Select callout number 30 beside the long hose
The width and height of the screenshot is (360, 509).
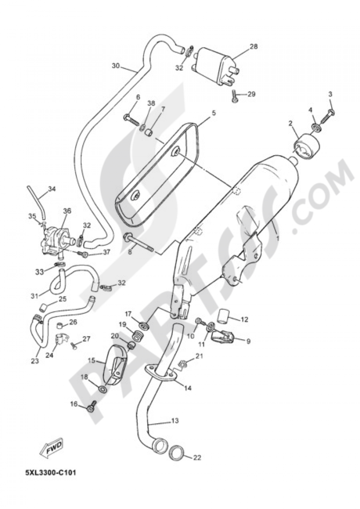(x=116, y=66)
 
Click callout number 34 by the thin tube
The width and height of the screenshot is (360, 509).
(x=52, y=189)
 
